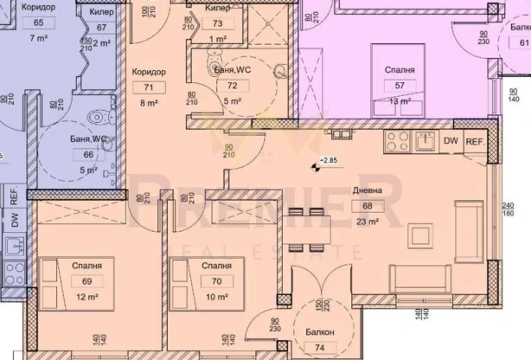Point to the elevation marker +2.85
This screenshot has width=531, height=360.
(x=329, y=161)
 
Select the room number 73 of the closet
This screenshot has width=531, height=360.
(x=218, y=23)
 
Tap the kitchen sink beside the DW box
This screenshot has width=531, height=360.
(x=425, y=142)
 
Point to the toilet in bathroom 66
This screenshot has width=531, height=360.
(x=100, y=115)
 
